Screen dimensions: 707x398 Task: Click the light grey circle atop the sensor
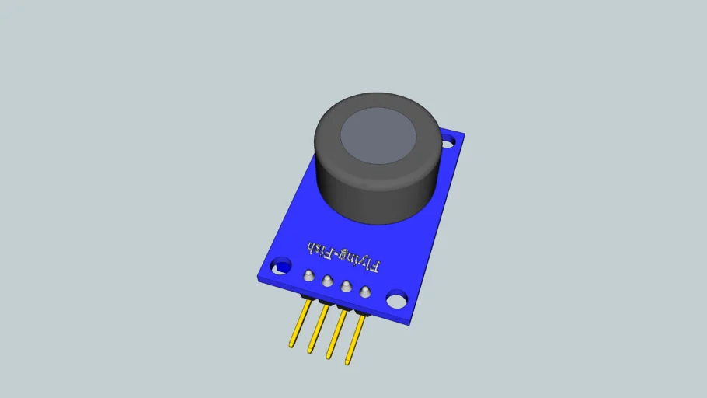click(x=378, y=135)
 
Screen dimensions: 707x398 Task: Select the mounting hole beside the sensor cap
click(x=448, y=143)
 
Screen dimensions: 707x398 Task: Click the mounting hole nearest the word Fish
click(x=281, y=266)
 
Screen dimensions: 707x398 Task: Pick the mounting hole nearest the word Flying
click(x=397, y=299)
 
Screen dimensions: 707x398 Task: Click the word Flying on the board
click(x=360, y=261)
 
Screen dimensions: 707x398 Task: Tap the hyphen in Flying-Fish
click(x=335, y=254)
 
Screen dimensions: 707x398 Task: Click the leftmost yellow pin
click(x=300, y=323)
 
